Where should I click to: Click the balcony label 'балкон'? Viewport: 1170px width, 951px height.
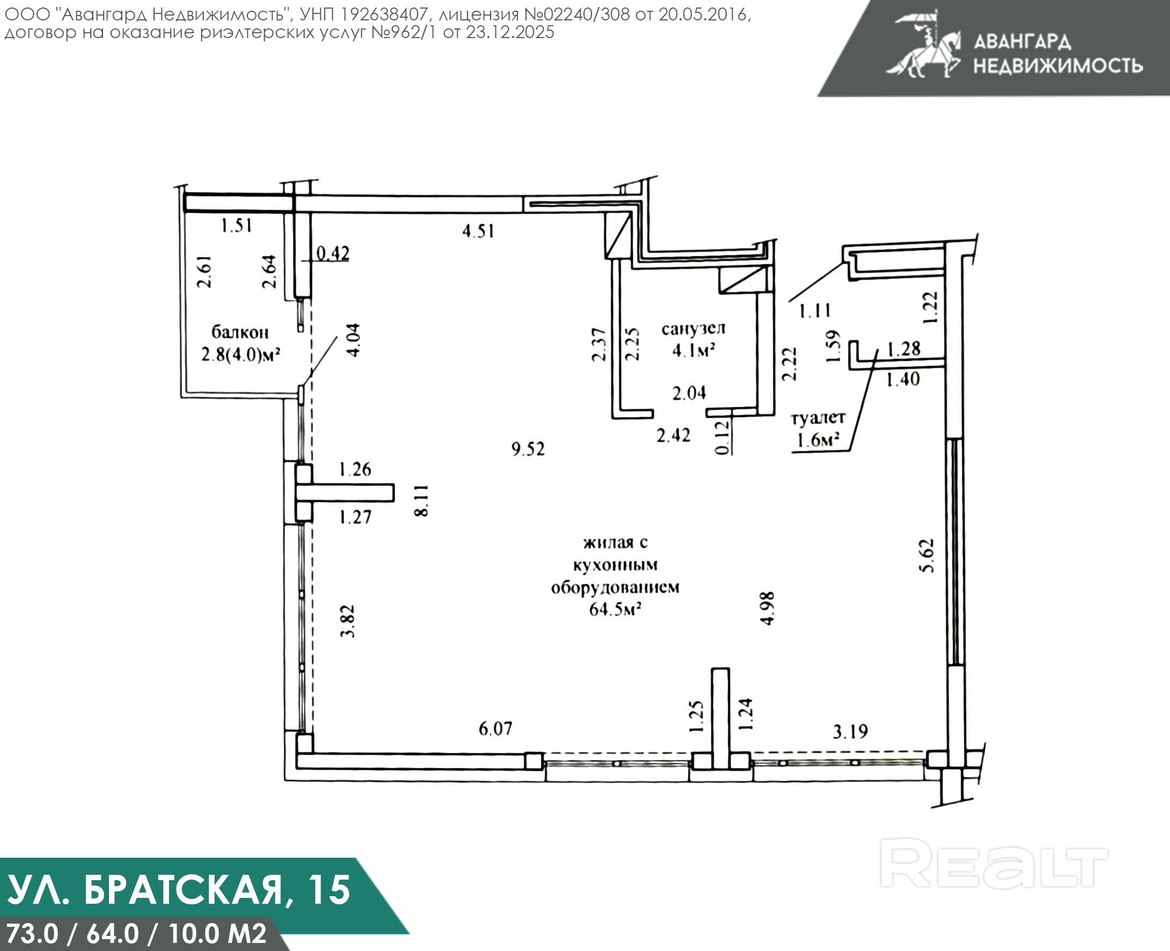[x=240, y=332]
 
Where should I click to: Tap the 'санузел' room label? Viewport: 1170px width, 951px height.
[x=693, y=328]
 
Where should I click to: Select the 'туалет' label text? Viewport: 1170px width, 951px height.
[x=818, y=418]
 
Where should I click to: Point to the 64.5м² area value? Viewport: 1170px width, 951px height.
[x=615, y=609]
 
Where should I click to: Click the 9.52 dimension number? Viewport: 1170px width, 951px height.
[x=528, y=449]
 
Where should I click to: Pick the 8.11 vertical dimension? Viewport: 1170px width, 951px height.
[x=421, y=501]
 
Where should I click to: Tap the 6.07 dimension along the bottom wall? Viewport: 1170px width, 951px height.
[x=495, y=728]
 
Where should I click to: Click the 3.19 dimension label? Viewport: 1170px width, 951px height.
[x=850, y=731]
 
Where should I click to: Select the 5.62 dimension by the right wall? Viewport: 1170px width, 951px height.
[x=926, y=555]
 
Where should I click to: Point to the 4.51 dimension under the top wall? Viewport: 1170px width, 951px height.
[x=478, y=231]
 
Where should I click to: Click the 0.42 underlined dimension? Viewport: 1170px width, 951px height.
[x=333, y=253]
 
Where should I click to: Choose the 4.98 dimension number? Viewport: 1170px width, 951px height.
[x=767, y=608]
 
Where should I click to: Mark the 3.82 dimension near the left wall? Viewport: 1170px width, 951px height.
[x=348, y=621]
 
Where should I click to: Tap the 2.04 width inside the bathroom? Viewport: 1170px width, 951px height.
[x=689, y=392]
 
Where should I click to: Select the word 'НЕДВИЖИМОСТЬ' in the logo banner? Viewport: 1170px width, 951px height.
[x=1058, y=65]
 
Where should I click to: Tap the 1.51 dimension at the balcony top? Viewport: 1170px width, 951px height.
[x=237, y=225]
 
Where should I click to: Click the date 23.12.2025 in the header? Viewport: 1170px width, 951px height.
[x=510, y=32]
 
